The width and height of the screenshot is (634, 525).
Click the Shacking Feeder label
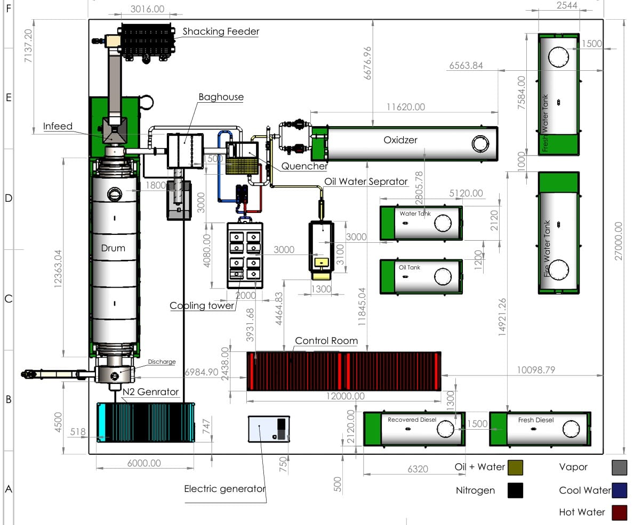coord(221,31)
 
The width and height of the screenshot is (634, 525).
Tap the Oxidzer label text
coord(400,140)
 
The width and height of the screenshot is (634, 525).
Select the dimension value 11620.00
coord(406,107)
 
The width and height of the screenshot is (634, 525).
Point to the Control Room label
coord(326,341)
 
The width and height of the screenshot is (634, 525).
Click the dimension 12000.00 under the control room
coord(346,396)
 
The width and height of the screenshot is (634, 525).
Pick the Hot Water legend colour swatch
coord(619,512)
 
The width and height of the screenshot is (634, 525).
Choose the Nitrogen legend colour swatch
coord(515,490)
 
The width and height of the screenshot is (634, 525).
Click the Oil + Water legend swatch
coord(515,467)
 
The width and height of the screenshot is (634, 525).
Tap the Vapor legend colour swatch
coord(619,467)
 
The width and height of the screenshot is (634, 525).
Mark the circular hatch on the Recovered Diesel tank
coord(445,429)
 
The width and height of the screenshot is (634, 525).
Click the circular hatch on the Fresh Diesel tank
coord(571,429)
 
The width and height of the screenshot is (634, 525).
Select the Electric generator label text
coord(224,489)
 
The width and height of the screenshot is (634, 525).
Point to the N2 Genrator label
coord(150,392)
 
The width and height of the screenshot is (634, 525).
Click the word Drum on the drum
coord(113,248)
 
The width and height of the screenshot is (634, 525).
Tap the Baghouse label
coord(221,97)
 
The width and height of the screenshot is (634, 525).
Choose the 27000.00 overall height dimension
coord(619,241)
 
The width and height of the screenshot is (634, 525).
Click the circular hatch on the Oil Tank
coord(443,277)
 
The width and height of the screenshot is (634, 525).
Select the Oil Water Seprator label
coord(366,182)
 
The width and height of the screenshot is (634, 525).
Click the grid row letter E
coord(9,98)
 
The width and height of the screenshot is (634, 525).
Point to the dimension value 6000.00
coord(144,463)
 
